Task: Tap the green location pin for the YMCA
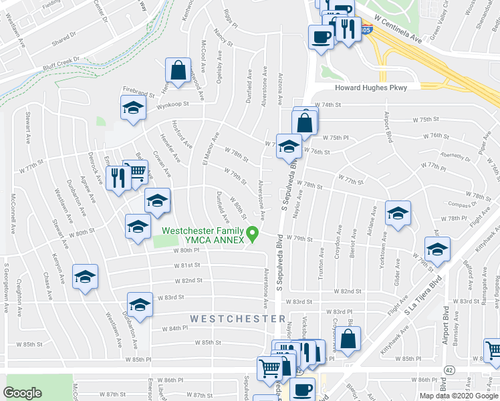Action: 253,234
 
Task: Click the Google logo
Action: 23,393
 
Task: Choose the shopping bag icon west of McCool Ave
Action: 178,70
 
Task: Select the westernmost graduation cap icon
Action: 86,277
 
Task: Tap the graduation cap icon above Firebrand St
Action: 133,107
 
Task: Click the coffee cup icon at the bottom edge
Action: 302,389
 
